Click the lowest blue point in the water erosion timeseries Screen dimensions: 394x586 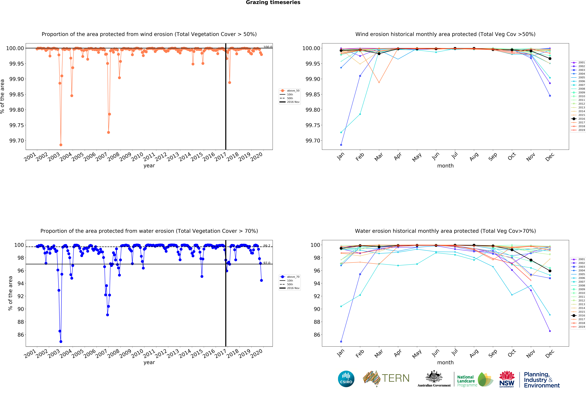click(x=61, y=342)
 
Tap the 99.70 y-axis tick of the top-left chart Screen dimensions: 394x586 click(x=17, y=141)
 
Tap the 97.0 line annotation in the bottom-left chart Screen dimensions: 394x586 click(x=267, y=263)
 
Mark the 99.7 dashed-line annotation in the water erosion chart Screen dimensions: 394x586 click(x=267, y=246)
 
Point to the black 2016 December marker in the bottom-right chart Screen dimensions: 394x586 click(x=550, y=271)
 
